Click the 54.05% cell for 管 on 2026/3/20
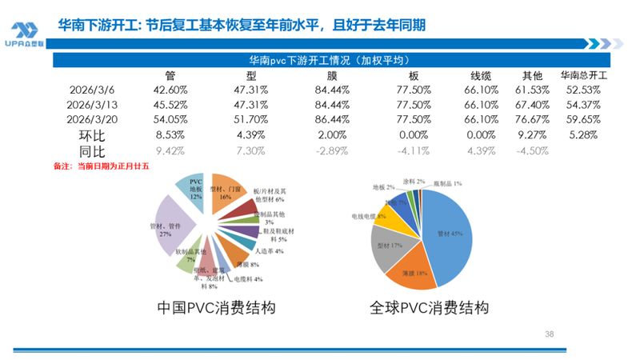pyautogui.click(x=170, y=119)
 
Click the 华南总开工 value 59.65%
pyautogui.click(x=583, y=119)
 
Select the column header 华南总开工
pyautogui.click(x=584, y=76)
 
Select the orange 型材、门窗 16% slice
pyautogui.click(x=227, y=194)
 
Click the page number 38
pyautogui.click(x=549, y=333)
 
